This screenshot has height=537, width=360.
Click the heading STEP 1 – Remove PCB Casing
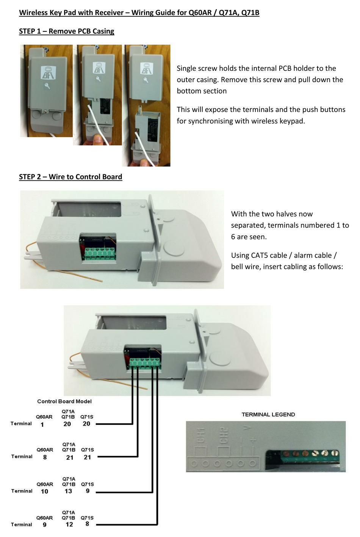click(66, 31)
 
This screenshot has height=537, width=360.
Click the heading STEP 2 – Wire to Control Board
click(70, 177)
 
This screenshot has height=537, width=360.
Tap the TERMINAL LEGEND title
click(268, 414)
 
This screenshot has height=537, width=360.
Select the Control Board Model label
click(64, 401)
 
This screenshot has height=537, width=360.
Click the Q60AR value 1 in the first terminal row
click(42, 425)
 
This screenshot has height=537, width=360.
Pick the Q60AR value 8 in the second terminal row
click(45, 457)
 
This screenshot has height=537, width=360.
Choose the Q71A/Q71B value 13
click(68, 491)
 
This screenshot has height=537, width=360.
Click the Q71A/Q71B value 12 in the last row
click(69, 525)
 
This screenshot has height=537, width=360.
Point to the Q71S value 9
click(88, 491)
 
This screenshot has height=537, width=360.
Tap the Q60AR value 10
click(44, 492)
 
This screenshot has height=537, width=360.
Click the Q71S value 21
click(87, 457)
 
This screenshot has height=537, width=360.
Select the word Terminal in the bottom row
click(22, 525)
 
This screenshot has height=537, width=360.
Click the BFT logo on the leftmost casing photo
click(48, 72)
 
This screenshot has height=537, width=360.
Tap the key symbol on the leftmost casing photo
click(48, 86)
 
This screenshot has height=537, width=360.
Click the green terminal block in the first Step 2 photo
click(100, 254)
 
